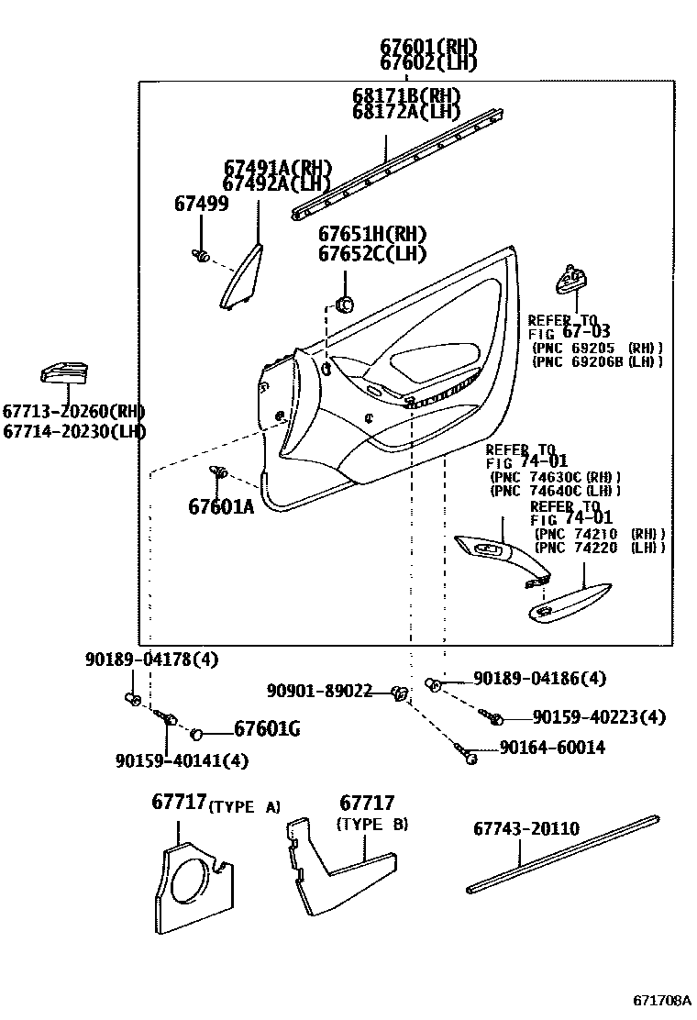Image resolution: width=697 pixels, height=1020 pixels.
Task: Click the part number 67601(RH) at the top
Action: (x=429, y=46)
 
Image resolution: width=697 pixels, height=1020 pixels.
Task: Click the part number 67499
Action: (x=201, y=204)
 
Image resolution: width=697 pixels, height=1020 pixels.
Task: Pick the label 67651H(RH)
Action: (x=372, y=235)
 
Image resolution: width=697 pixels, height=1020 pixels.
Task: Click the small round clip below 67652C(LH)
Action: (x=346, y=304)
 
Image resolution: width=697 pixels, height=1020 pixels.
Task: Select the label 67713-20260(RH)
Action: (x=73, y=412)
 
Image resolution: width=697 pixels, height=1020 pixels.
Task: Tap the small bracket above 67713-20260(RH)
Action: (x=64, y=371)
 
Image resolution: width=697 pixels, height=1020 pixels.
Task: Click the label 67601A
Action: (x=221, y=505)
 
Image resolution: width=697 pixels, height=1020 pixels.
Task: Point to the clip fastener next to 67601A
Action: (x=219, y=472)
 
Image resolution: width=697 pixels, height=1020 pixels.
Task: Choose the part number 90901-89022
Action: (x=320, y=691)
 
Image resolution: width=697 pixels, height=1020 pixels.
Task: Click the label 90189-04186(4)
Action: (x=539, y=679)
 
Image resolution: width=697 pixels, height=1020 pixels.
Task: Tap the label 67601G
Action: (x=267, y=730)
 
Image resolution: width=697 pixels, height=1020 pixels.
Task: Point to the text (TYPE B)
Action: (x=372, y=824)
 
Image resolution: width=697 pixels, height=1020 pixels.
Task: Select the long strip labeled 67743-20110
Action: (x=561, y=852)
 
